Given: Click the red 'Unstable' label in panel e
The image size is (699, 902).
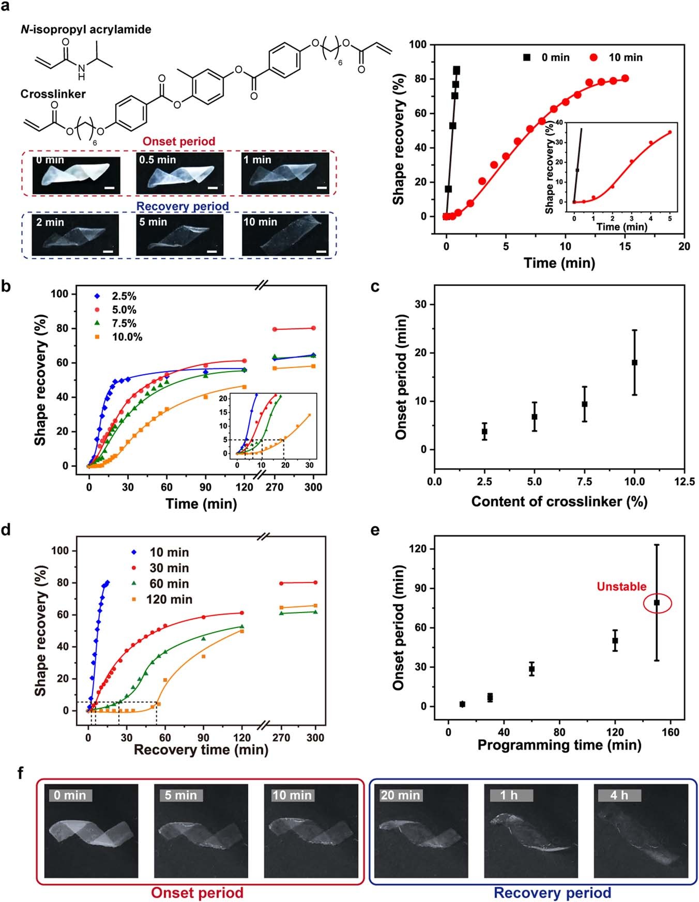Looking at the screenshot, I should [621, 586].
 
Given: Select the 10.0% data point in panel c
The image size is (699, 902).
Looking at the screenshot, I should [634, 362].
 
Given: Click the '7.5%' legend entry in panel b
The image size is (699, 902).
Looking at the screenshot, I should [124, 324].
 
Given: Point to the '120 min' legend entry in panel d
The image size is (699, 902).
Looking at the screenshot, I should [169, 599].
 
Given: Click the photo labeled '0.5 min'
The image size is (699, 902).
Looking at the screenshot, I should [180, 174].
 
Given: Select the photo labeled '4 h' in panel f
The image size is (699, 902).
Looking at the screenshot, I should [641, 831].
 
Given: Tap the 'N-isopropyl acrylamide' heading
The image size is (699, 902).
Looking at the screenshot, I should [86, 29].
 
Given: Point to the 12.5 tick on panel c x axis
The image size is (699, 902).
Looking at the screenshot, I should [685, 482].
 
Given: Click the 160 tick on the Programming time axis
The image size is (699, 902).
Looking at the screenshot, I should [671, 731].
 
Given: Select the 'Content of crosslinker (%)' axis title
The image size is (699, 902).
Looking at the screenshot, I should [559, 501].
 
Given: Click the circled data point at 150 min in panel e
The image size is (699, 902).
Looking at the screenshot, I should [657, 603].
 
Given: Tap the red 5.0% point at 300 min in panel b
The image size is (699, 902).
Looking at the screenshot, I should [313, 328].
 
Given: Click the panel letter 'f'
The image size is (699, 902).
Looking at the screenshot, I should [21, 773].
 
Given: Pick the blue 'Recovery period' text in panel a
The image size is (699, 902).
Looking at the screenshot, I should [183, 206].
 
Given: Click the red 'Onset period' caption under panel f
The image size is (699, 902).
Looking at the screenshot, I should [197, 893].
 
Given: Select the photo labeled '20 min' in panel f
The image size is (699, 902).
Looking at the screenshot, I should [421, 831].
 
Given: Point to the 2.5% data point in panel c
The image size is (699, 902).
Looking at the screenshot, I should [484, 431].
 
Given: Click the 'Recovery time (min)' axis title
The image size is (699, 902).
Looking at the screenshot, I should [201, 749].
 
